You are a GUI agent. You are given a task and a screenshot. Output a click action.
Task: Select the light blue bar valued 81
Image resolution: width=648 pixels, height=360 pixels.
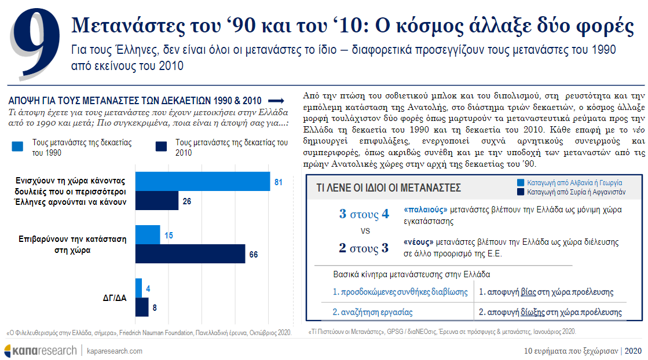[x=203, y=181]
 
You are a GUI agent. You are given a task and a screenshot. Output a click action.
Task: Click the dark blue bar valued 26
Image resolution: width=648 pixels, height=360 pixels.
[x=156, y=201]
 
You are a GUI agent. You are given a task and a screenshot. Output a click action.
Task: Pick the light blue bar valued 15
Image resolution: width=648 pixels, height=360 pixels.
[x=148, y=234]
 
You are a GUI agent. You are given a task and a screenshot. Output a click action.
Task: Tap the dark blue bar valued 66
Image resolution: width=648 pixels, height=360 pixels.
[x=190, y=254]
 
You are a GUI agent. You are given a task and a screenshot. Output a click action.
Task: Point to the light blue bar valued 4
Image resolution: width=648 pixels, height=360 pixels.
[x=138, y=288]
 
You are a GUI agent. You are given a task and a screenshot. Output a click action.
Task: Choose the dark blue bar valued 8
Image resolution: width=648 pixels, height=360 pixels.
[x=142, y=307]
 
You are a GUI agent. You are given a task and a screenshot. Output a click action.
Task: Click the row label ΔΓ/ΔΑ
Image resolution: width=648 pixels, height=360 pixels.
[x=115, y=297]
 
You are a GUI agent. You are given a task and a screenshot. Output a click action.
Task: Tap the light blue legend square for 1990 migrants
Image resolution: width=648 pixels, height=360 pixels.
[x=17, y=146]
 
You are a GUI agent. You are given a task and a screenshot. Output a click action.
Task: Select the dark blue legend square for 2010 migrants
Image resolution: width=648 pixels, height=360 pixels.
[x=161, y=146]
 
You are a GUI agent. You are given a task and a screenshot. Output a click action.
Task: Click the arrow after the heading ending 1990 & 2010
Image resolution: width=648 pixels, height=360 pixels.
[x=276, y=101]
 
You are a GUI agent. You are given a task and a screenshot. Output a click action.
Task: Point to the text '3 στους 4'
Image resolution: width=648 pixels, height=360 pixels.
[x=364, y=214]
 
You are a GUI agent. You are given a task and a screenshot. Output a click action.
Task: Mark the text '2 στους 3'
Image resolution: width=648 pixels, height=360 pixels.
[x=364, y=248]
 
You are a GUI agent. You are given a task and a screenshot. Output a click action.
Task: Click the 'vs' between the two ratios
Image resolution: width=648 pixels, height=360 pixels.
[x=365, y=231]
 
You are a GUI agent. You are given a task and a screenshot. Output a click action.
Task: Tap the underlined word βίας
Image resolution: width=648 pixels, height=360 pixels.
[x=528, y=292]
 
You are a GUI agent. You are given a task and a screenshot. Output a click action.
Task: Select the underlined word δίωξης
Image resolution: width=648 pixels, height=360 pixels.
[x=533, y=313]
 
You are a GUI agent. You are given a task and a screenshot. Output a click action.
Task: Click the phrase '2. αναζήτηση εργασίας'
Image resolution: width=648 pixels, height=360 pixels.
[x=372, y=313]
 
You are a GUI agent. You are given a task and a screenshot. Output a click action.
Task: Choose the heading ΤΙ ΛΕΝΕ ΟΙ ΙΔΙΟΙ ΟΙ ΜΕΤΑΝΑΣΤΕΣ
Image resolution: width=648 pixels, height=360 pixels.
[x=389, y=188]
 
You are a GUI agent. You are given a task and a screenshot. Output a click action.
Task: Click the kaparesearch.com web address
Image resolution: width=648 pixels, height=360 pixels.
[x=115, y=351]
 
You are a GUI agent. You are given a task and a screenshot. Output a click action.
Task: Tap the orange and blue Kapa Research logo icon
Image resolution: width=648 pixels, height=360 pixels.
[x=8, y=351]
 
